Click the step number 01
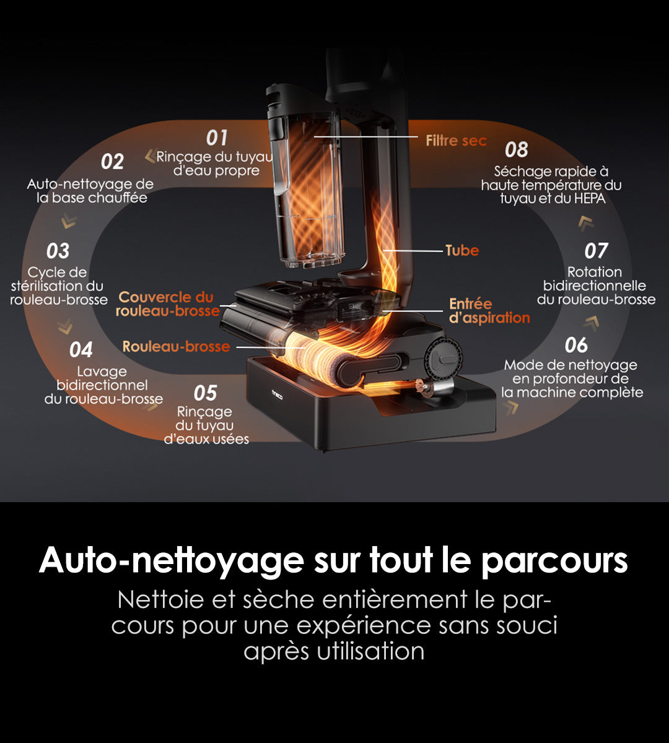217,138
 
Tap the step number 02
112,162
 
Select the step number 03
58,251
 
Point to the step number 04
81,350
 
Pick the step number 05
205,393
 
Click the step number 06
576,345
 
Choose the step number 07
596,251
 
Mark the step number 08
516,150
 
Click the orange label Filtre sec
456,141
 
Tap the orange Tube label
462,250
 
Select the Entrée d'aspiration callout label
489,311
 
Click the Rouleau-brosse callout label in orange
176,347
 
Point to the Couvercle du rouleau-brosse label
167,304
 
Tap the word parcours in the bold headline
554,560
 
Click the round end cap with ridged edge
444,358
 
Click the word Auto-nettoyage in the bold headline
172,560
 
